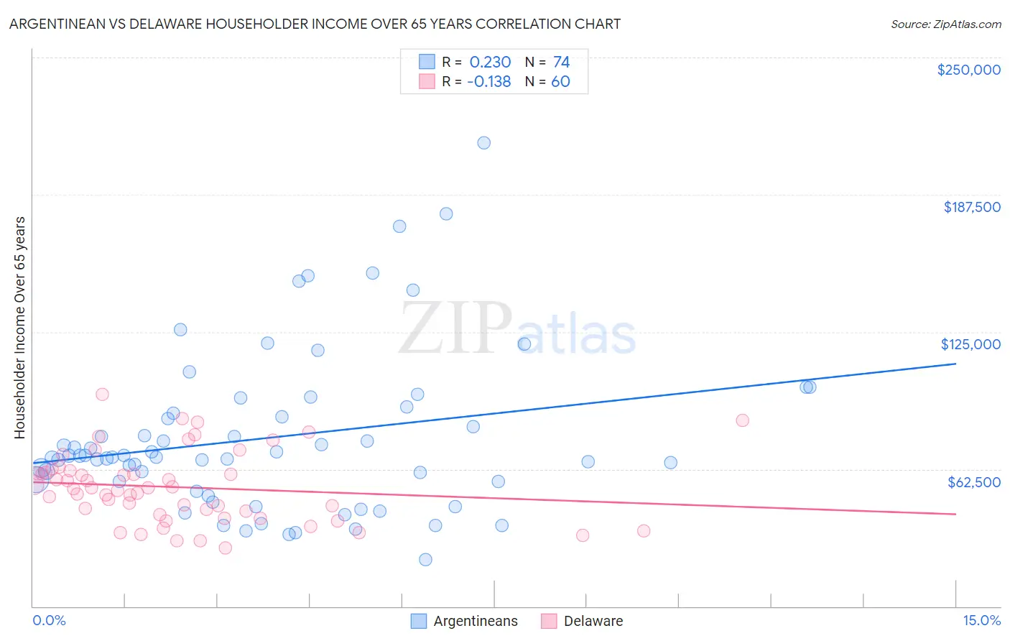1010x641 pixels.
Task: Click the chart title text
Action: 315,24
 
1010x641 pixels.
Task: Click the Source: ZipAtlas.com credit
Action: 945,24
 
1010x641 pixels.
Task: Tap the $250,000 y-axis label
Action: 968,70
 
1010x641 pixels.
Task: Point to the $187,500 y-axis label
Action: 971,207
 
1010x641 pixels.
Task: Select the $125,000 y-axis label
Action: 970,344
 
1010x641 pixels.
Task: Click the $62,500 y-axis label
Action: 973,482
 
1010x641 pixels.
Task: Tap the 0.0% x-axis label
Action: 49,620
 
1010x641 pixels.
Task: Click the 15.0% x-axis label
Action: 981,620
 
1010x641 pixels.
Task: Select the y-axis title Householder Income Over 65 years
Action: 20,327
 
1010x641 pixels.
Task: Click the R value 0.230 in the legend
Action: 490,63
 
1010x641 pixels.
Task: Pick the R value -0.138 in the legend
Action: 488,82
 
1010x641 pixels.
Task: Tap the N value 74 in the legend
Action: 561,63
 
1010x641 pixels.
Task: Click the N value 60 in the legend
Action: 560,82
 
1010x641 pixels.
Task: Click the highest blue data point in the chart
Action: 484,143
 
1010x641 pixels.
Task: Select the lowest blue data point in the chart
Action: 425,560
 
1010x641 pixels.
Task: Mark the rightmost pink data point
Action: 742,420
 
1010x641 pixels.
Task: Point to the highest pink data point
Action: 102,394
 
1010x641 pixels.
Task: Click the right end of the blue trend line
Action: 955,364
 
